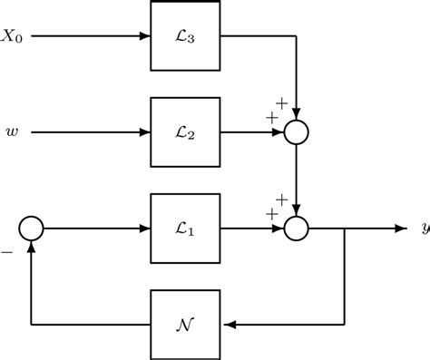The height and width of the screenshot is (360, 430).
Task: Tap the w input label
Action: tap(13, 133)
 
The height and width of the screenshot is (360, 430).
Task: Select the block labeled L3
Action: tap(185, 38)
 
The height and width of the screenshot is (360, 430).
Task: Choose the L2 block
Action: tap(185, 133)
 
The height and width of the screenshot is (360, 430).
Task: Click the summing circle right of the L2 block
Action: tap(298, 133)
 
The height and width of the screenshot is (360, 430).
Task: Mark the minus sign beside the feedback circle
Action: tap(7, 253)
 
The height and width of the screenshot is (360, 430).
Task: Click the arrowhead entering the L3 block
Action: tap(145, 38)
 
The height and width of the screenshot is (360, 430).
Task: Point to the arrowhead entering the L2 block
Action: tap(145, 133)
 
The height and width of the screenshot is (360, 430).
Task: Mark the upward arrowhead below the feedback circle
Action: tap(32, 247)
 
